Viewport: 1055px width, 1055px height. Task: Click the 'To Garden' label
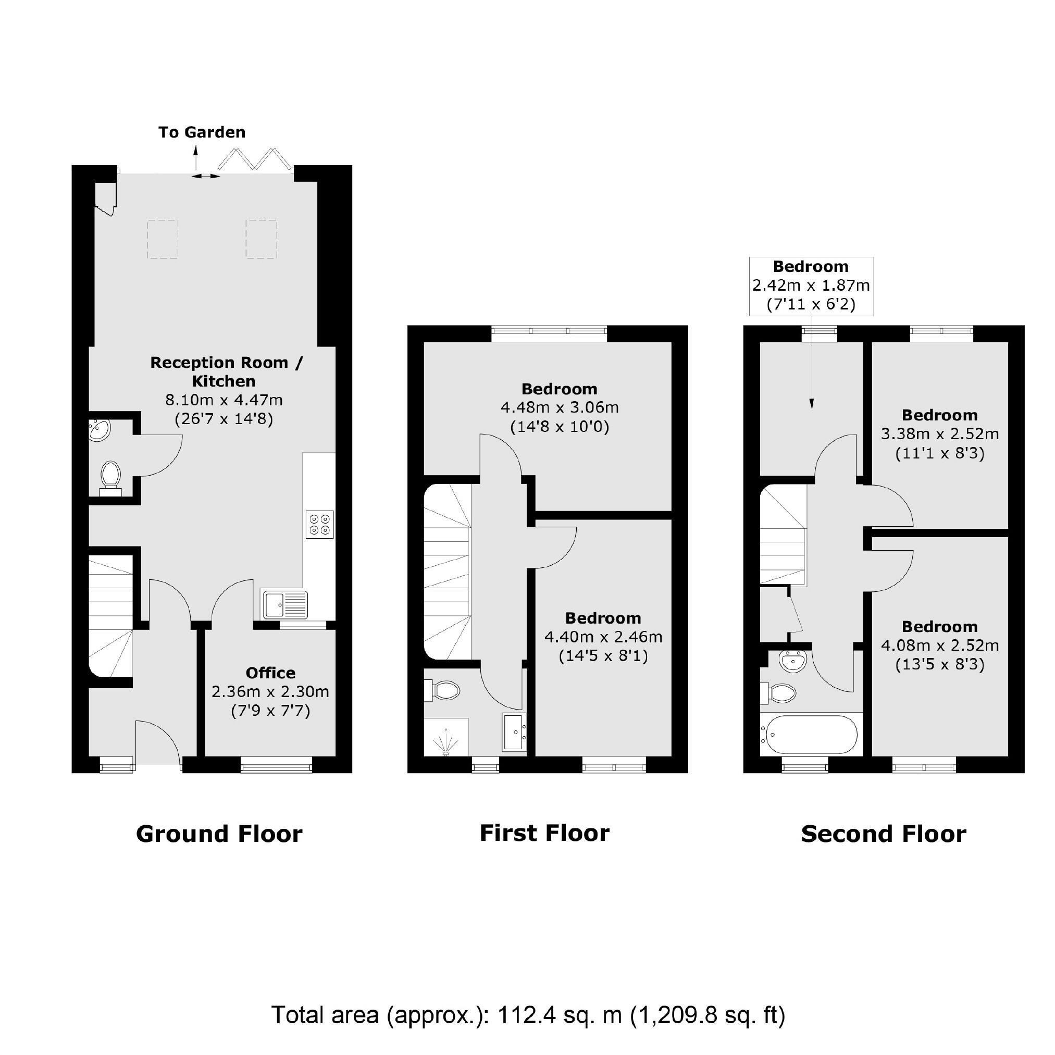[x=202, y=133]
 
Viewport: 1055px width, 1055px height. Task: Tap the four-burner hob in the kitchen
[x=320, y=525]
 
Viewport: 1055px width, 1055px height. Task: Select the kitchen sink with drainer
[x=284, y=604]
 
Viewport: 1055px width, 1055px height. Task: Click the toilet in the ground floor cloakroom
[x=110, y=479]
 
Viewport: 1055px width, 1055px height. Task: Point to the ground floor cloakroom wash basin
[x=100, y=430]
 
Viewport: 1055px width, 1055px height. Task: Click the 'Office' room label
[x=270, y=673]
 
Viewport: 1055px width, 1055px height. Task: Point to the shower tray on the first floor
[x=446, y=737]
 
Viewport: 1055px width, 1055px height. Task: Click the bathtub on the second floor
[x=811, y=734]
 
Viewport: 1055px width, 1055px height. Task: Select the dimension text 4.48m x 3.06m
[x=559, y=407]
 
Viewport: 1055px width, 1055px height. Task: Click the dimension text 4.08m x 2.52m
[x=940, y=646]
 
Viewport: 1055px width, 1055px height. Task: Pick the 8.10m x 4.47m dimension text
[x=224, y=400]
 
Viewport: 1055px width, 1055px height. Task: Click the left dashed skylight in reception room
[x=163, y=239]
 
